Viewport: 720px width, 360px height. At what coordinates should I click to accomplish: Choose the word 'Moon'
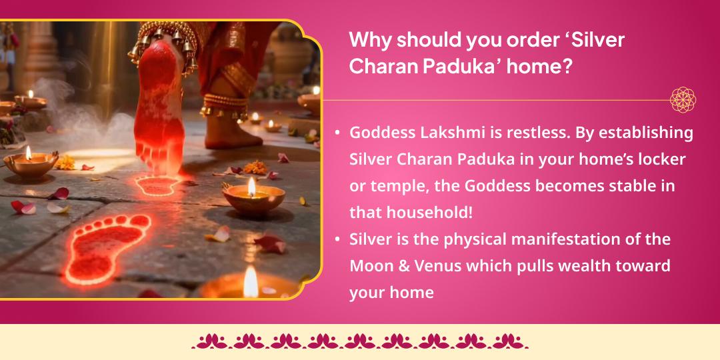point(371,266)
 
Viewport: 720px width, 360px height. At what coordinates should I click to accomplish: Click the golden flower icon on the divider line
point(683,100)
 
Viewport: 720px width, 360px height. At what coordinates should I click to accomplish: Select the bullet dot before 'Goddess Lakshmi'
point(337,133)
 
